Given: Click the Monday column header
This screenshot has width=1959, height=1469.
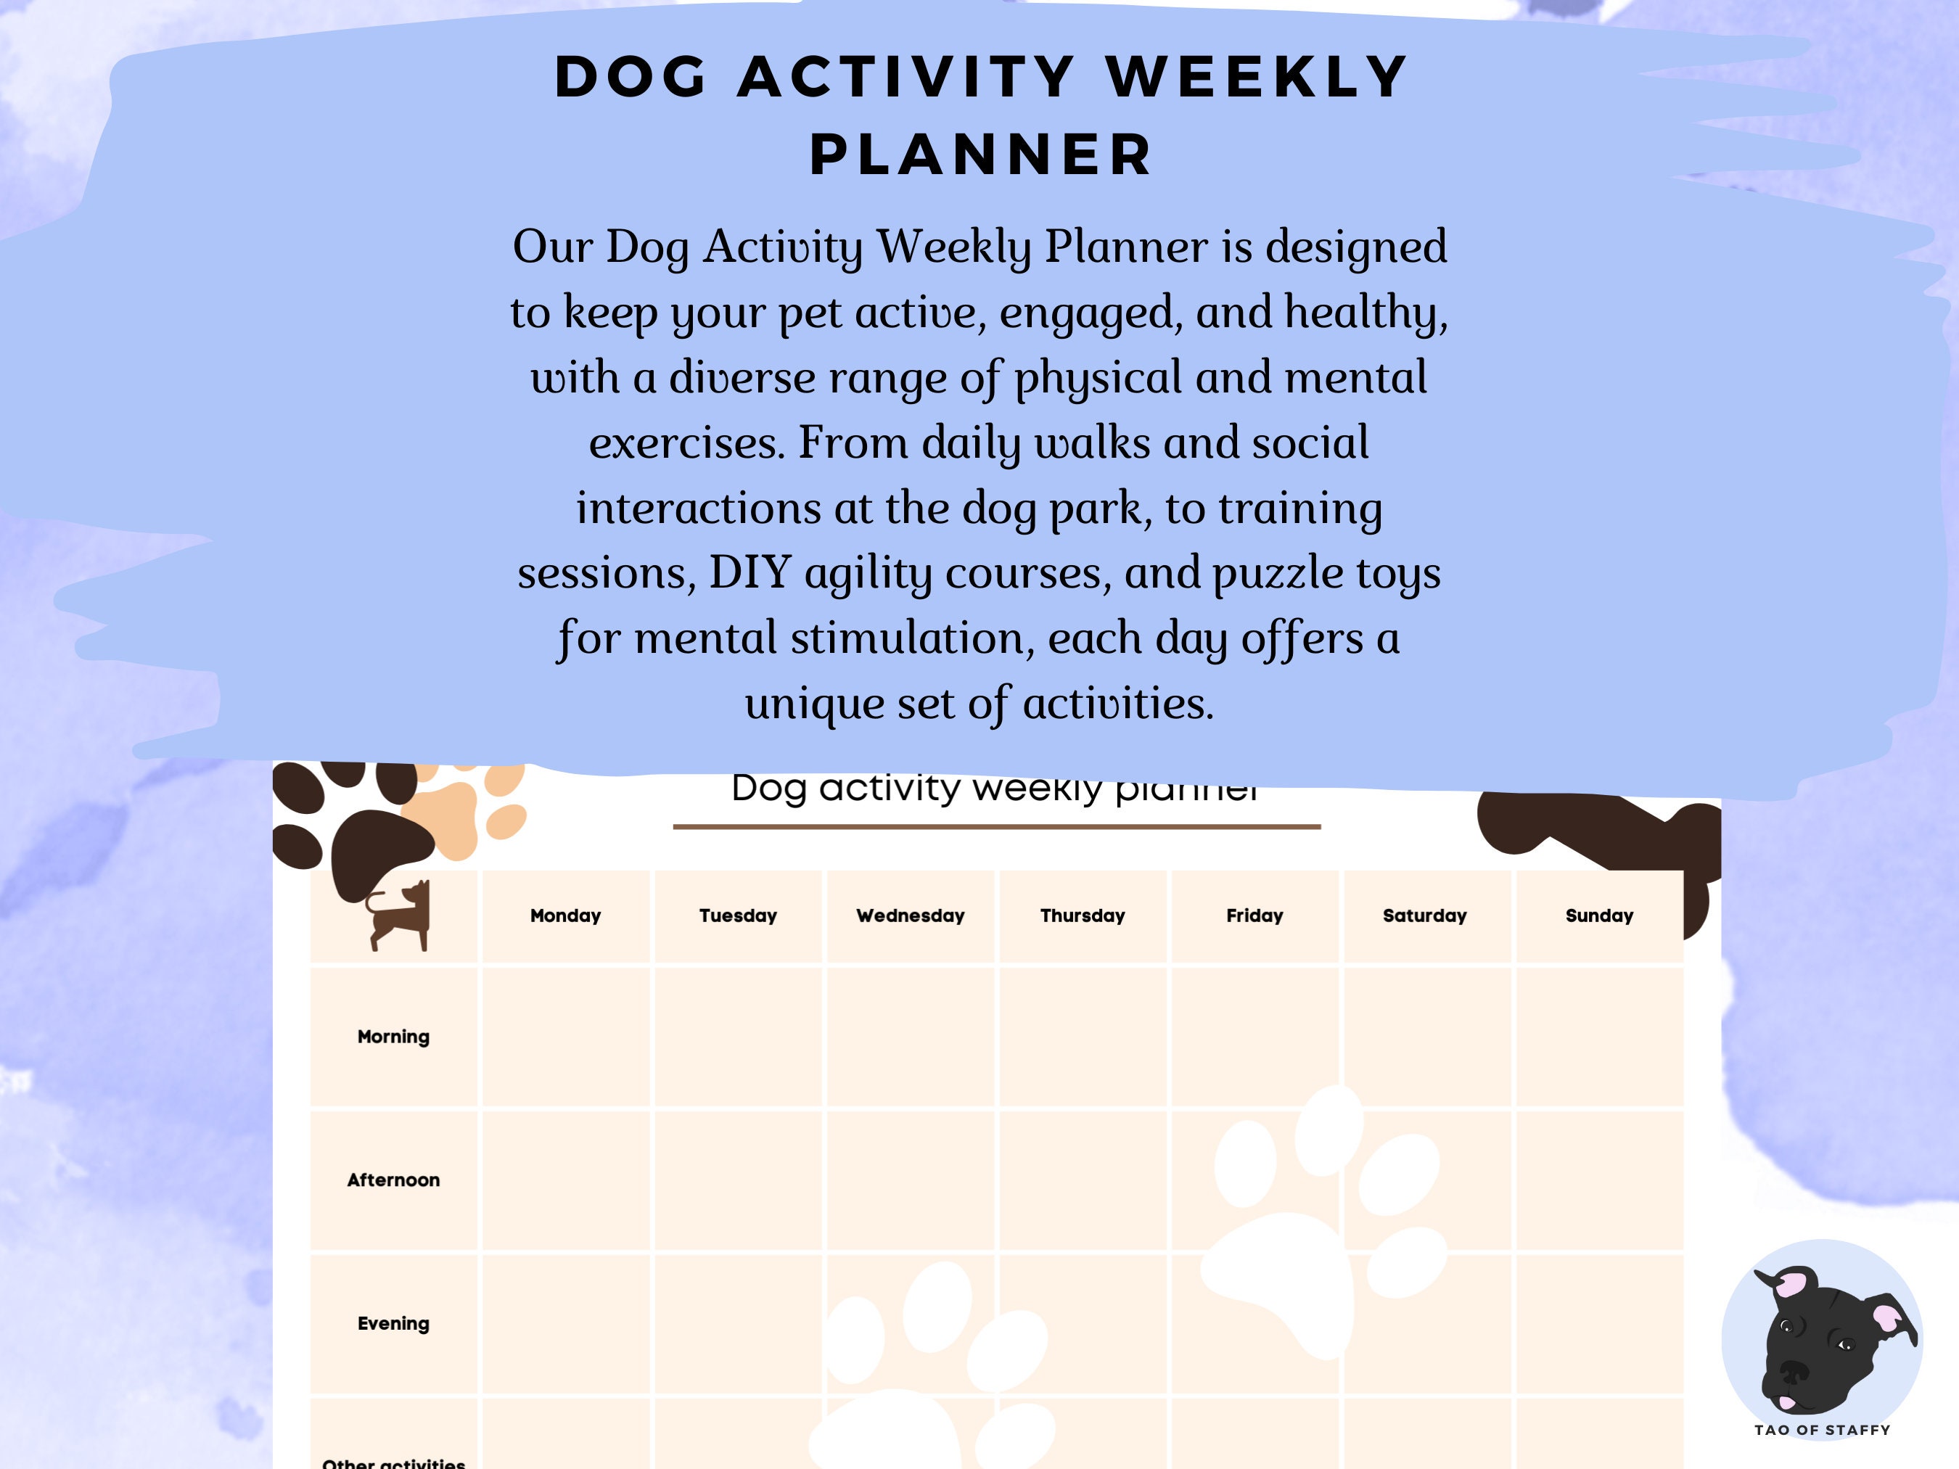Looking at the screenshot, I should click(565, 915).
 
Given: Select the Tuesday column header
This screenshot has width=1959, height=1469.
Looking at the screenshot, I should click(738, 915).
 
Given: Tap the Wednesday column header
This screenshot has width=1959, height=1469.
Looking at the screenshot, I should click(910, 915).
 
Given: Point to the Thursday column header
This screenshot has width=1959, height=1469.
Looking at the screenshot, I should click(1083, 915).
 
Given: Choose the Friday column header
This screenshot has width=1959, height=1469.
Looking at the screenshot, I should click(1254, 915).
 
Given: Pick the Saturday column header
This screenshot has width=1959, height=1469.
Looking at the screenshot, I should click(1424, 915).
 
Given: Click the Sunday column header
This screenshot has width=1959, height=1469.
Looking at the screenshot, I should click(1598, 915).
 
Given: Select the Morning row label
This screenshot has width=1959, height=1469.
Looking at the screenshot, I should click(393, 1037).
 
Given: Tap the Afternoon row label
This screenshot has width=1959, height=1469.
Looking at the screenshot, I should click(393, 1180).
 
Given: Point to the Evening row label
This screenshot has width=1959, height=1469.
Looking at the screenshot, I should click(393, 1324).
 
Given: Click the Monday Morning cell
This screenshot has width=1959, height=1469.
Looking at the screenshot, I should click(565, 1037).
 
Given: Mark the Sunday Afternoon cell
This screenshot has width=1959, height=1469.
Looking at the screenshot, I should click(1598, 1180).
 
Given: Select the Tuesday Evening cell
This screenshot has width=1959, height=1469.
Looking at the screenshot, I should click(738, 1324).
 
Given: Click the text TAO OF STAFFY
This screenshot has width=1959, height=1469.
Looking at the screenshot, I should click(1822, 1430).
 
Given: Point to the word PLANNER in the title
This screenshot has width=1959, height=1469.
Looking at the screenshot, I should click(980, 155).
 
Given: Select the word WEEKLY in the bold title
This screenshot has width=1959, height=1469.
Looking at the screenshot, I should click(1257, 76).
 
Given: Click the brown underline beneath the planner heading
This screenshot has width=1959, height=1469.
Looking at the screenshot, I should click(996, 826).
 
